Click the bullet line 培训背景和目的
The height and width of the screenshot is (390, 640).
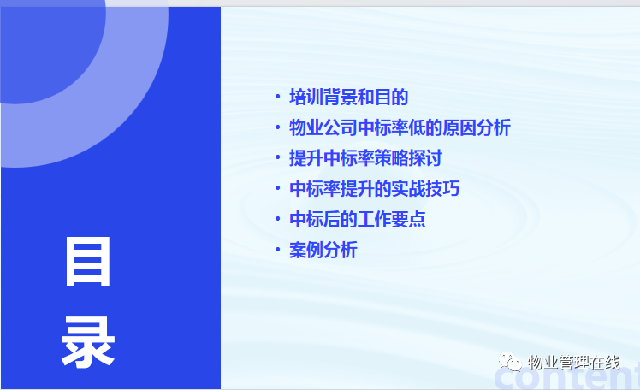pos(349,97)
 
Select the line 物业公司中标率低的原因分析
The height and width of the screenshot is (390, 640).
pos(400,127)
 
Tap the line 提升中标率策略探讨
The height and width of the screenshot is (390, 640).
pos(365,158)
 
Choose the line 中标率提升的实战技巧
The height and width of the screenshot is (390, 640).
pos(374,189)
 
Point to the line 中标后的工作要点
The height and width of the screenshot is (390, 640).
pos(358,220)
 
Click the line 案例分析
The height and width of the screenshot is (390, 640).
pos(323,250)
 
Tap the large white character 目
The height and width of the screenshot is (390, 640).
pos(88,262)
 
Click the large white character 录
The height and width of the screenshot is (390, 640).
pos(88,342)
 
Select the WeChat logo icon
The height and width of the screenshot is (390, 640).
pos(510,362)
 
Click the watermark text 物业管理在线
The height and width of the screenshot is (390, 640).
pos(573,363)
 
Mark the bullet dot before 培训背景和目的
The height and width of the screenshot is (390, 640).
pos(278,97)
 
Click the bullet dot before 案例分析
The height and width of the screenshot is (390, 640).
pos(278,249)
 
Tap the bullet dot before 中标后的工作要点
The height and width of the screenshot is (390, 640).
pos(278,219)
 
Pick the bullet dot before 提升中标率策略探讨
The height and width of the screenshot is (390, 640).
pos(278,157)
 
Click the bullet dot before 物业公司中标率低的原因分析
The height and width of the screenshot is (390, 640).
pos(278,127)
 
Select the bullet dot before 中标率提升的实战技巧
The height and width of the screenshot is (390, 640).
pos(278,188)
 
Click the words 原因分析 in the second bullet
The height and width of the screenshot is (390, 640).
pos(477,127)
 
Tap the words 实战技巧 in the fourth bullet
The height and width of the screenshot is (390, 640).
pos(426,189)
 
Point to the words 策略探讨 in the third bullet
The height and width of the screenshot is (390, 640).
pos(409,158)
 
